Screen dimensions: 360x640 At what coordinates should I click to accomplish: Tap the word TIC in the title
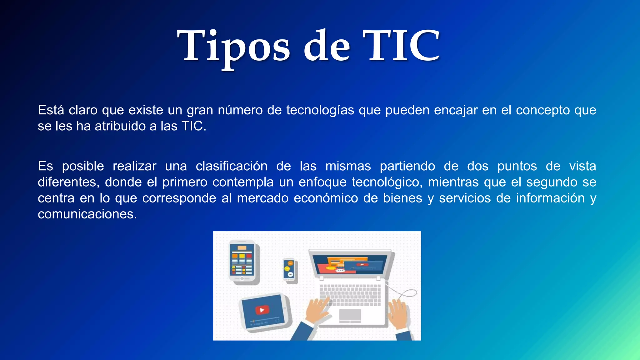tap(401, 46)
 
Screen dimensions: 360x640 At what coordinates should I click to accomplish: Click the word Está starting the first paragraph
tap(51, 110)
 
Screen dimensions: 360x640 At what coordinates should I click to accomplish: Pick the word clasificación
tap(232, 166)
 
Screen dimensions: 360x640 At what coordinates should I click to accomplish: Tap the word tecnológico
tap(387, 182)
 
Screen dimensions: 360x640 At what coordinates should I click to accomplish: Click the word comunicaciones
tap(87, 214)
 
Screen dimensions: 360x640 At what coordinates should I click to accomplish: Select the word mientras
tap(453, 182)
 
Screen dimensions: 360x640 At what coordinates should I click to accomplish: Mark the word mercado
tap(262, 198)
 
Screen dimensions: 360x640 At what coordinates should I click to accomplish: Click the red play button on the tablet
tap(262, 310)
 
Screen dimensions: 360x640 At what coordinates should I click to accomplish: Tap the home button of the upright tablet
tap(242, 278)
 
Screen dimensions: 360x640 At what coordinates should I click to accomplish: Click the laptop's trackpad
tap(350, 315)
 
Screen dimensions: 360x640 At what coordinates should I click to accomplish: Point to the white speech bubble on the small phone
tap(290, 275)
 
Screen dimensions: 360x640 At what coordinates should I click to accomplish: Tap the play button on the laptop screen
tap(362, 265)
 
